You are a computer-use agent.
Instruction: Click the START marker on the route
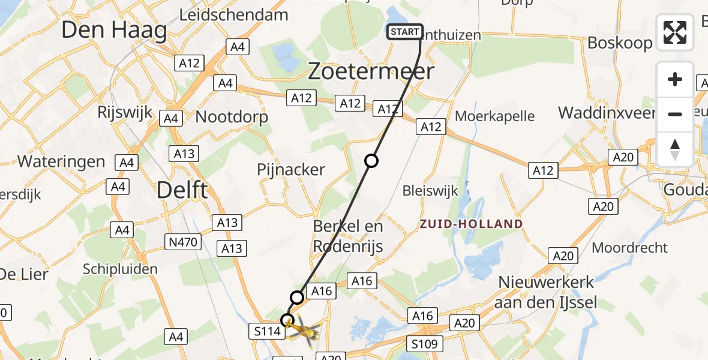coord(406,32)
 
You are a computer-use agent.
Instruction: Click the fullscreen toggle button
coord(675,32)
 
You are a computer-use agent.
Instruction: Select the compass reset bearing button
coord(675,149)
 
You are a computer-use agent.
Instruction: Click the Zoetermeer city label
coord(371,72)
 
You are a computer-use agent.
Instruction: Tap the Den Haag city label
coord(114,30)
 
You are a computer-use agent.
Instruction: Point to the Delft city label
coord(182,191)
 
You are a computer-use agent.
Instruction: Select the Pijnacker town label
coord(291,170)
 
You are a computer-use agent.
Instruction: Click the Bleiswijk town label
coord(431,191)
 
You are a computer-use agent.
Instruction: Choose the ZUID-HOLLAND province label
coord(471,224)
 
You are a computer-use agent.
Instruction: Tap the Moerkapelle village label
coord(494,115)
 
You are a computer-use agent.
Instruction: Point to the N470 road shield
coord(182,242)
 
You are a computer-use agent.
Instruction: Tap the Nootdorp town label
coord(232,116)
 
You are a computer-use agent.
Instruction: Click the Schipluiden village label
coord(121,269)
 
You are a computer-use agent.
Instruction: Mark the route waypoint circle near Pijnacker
coord(371,161)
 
